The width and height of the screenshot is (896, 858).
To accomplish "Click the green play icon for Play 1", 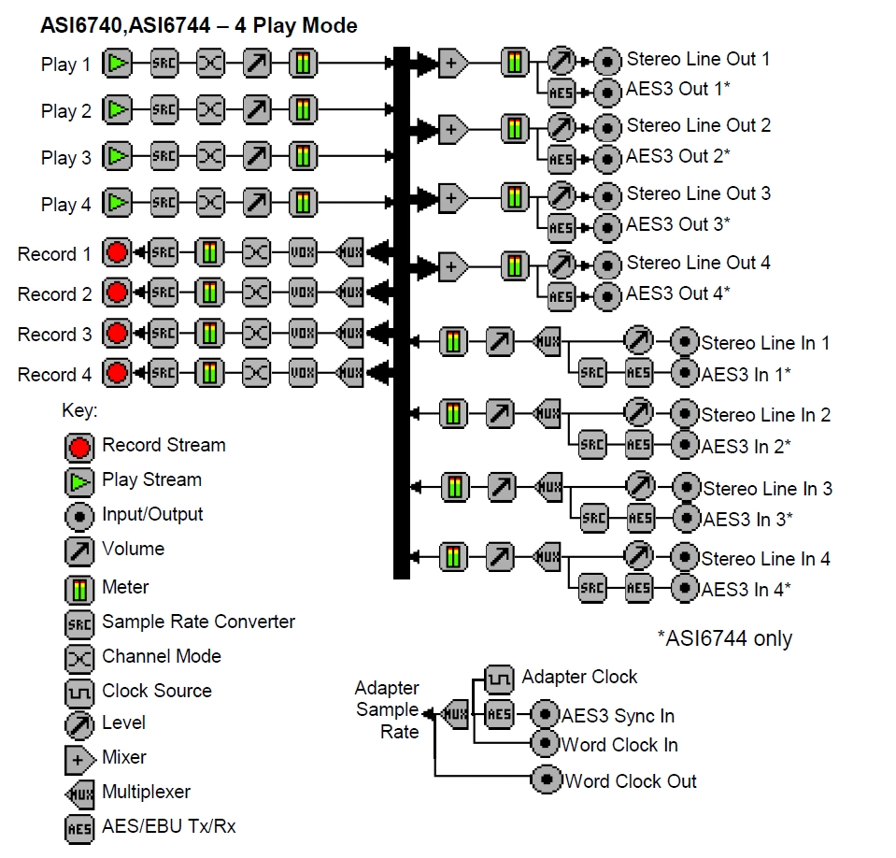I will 118,64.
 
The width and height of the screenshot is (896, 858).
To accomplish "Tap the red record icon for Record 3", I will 117,334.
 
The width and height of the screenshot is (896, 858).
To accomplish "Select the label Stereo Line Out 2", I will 698,125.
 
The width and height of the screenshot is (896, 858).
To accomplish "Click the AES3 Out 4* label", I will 677,293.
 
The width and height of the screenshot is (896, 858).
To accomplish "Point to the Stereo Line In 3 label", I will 766,489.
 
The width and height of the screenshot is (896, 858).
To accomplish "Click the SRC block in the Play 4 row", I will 164,202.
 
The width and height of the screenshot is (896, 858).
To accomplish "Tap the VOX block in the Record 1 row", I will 303,252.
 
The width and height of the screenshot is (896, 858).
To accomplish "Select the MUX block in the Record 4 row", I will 349,374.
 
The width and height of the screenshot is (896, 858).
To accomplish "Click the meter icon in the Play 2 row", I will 302,109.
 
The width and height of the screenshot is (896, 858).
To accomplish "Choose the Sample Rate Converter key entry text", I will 198,622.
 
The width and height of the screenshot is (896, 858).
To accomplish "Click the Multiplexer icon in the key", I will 78,793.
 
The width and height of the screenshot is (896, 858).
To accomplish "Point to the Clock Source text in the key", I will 157,691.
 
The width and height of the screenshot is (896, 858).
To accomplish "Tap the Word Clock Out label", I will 631,780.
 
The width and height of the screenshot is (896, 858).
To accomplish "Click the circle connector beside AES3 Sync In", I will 546,716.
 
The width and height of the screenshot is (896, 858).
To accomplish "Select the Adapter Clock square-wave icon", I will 499,679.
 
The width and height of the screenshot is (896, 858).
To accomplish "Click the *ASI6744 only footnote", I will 725,638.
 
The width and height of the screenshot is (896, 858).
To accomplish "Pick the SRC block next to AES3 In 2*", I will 592,444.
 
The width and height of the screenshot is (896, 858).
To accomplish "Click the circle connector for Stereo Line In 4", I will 686,559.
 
